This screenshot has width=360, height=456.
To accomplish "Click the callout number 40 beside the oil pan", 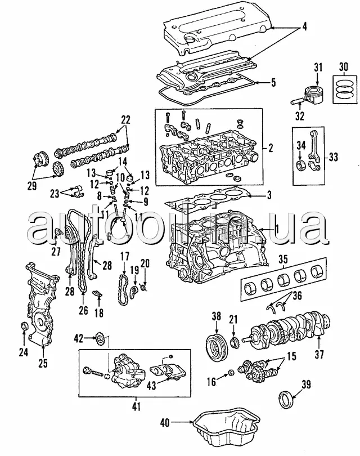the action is (x=165, y=423).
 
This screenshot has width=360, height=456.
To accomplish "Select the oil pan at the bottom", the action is (x=227, y=431).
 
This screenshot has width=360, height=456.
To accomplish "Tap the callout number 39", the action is (x=306, y=385).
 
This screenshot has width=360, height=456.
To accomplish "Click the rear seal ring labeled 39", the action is (x=286, y=399).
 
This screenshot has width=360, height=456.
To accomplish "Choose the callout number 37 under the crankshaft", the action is (x=319, y=354).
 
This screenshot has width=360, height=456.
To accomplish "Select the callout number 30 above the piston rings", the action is (x=343, y=67).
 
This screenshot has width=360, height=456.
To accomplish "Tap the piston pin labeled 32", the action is (x=296, y=102).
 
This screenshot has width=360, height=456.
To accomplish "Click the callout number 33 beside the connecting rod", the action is (x=334, y=157).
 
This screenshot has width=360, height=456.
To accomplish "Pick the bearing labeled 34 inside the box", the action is (x=300, y=166).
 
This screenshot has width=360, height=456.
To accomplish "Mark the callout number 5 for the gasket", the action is (x=273, y=83).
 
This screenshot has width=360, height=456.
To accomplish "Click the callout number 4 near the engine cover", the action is (x=304, y=27).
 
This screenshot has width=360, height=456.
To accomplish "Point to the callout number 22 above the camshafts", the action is (x=125, y=120).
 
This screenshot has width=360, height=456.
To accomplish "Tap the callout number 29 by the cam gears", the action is (x=32, y=185).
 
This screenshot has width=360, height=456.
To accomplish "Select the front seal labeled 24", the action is (x=25, y=327).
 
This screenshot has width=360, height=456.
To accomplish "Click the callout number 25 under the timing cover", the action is (x=43, y=363).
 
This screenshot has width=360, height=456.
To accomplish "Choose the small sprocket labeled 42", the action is (x=100, y=338).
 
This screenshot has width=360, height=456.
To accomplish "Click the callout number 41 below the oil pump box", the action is (x=136, y=406).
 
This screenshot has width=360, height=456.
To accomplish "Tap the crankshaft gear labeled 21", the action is (x=234, y=343).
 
